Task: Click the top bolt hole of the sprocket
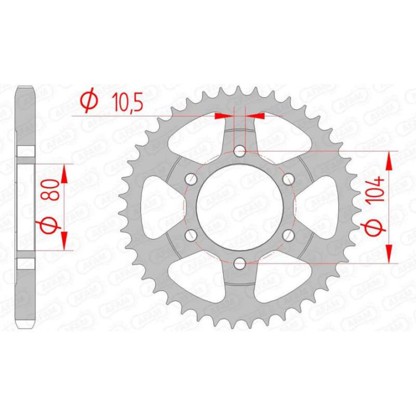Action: point(240,151)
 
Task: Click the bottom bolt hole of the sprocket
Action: point(240,263)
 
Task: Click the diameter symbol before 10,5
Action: point(88,102)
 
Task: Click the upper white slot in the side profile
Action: point(25,152)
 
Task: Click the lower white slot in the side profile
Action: point(25,262)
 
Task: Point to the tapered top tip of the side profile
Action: point(25,89)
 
